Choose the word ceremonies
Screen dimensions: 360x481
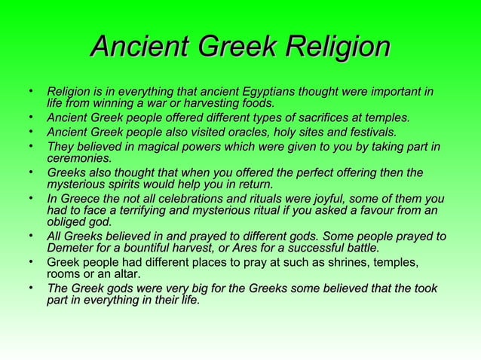[79, 158]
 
